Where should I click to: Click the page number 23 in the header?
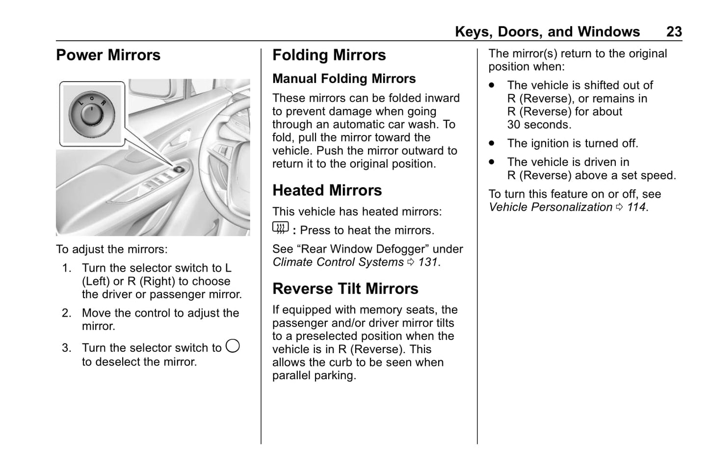tap(674, 32)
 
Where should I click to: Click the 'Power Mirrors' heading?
tap(108, 55)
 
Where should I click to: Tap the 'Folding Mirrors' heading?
tap(329, 55)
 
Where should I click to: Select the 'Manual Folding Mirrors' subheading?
tap(343, 79)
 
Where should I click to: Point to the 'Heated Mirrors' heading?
tap(327, 190)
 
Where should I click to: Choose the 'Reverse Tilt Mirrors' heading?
tap(345, 288)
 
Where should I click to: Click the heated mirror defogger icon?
tap(280, 228)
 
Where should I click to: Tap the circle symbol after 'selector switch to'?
tap(233, 346)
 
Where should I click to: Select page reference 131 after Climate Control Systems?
tap(427, 262)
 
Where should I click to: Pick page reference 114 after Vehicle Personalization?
tap(636, 207)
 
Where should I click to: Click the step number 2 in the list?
tap(66, 313)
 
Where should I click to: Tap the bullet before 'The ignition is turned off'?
tap(492, 143)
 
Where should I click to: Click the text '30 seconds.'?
tap(539, 125)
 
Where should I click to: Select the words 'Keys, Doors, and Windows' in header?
tap(547, 32)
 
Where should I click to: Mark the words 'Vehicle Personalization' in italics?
tap(550, 207)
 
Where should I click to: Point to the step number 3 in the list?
tap(66, 348)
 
